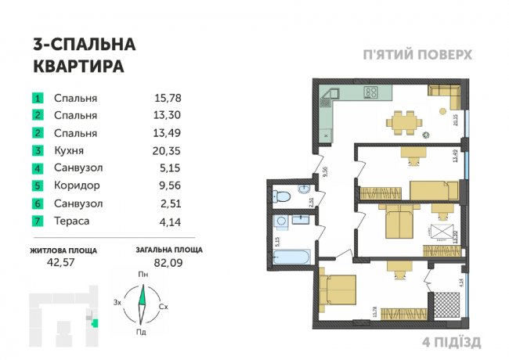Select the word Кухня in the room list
[69, 150]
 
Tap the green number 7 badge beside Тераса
[37, 221]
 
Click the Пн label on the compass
[143, 275]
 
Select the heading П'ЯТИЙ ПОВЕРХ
[417, 56]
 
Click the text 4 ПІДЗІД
[451, 342]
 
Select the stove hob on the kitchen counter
[372, 92]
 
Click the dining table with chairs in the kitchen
[406, 121]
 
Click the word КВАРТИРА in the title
[79, 67]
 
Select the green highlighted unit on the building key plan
[93, 322]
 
